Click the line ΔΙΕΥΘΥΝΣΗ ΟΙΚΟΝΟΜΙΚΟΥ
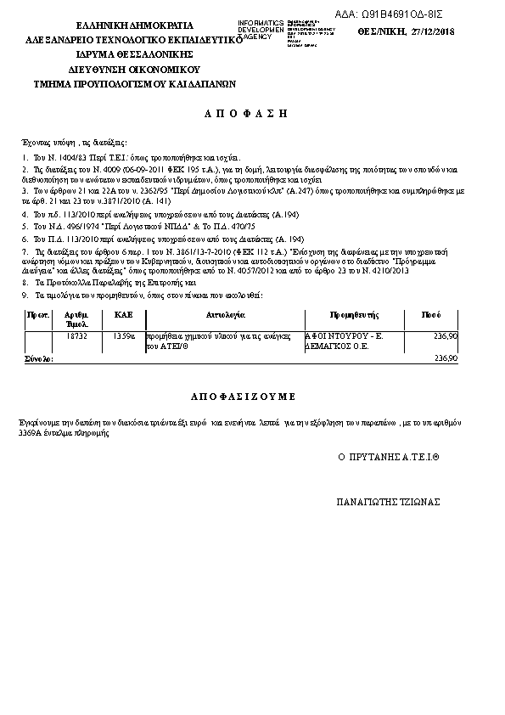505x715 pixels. [134, 68]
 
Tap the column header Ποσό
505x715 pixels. [431, 314]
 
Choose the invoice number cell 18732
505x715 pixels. [77, 336]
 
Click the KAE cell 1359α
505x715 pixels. [124, 336]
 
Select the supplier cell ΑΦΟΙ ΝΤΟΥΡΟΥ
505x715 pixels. [345, 336]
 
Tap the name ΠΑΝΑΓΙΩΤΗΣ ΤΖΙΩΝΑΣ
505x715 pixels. [389, 502]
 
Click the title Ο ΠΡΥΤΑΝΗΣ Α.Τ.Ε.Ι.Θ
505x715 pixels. [388, 457]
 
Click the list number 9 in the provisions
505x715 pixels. [25, 294]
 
